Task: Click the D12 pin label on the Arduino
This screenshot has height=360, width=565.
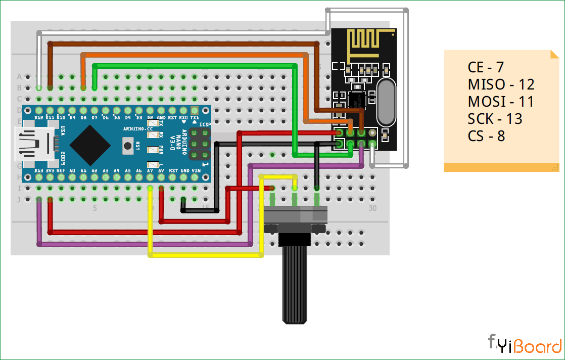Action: coord(39,117)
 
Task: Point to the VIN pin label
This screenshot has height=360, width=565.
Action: coord(195,171)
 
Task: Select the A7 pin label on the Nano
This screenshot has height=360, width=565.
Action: coord(150,171)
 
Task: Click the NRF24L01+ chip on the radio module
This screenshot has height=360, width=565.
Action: coord(356,100)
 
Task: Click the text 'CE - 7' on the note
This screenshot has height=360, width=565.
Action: coord(486,67)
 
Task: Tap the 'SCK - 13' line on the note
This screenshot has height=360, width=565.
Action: coord(495,119)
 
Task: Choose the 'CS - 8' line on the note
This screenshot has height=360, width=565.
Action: coord(487,136)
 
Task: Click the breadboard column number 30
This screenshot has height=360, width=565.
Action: coord(373,208)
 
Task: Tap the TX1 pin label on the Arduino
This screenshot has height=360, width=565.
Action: coord(195,117)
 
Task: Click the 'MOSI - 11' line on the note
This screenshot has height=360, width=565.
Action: coord(501,102)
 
